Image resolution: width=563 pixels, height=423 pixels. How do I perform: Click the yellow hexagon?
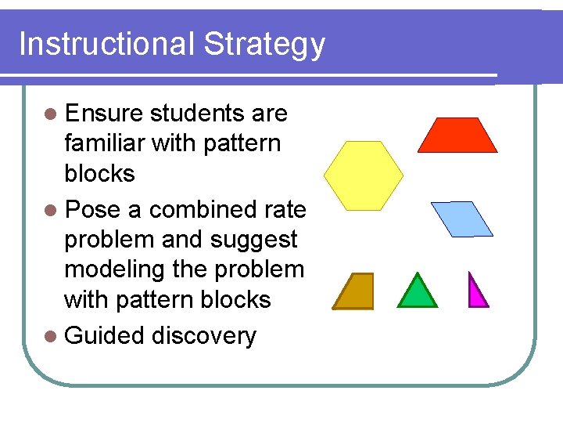[364, 175]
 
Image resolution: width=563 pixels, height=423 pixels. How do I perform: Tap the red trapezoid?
[457, 136]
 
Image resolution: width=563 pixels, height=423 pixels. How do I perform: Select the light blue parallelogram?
[462, 219]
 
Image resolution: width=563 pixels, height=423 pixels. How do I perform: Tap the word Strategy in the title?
[264, 45]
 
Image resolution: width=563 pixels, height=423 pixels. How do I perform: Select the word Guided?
[104, 336]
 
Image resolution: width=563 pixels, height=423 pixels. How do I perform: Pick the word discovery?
[204, 336]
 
